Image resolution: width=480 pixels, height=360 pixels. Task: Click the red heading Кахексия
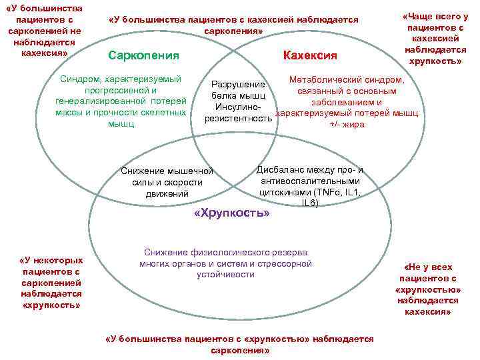310,55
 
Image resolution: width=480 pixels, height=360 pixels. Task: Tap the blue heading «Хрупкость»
231,213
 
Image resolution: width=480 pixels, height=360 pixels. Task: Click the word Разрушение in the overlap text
238,85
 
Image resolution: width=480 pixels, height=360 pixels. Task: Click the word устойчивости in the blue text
225,274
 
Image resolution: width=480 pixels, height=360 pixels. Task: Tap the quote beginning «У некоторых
51,282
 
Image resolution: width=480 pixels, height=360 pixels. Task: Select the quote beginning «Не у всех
427,289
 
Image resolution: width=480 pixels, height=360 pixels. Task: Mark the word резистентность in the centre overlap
239,118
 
